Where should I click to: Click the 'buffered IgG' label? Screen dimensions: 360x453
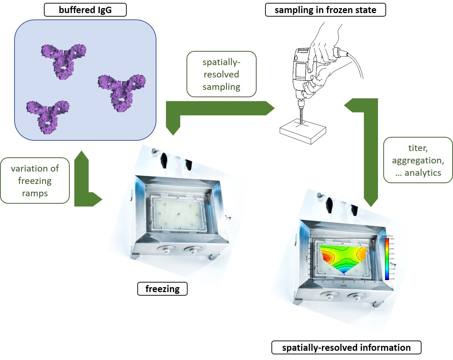coord(85,10)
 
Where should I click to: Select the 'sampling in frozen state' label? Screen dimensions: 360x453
coord(325,10)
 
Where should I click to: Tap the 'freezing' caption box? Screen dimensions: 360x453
coord(162,289)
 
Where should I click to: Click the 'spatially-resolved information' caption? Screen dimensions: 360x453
coord(346,348)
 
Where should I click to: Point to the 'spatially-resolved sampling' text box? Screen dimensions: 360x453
coord(221,74)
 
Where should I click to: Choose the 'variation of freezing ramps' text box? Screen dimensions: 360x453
coord(35,181)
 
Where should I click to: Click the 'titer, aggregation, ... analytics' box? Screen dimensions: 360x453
coord(418,160)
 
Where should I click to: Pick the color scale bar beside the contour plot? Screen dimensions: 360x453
coord(387,259)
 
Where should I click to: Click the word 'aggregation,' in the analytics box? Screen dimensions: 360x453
coord(418,160)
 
